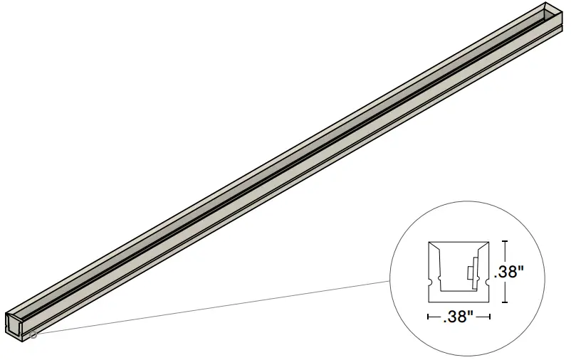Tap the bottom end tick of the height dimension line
(x=505, y=301)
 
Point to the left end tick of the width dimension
(x=428, y=317)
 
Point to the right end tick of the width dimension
(x=490, y=317)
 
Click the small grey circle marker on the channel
(x=33, y=334)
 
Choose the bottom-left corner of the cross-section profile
(x=428, y=302)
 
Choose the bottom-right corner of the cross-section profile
(x=489, y=302)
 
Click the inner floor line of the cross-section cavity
(x=459, y=292)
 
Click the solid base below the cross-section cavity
(x=459, y=297)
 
